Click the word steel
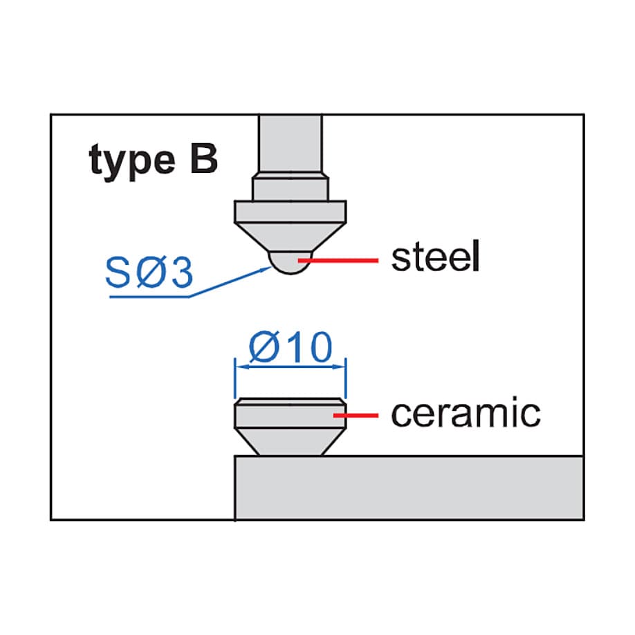435,256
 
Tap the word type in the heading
132,161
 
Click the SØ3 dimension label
149,273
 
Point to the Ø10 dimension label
291,347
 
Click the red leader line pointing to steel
338,260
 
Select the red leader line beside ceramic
356,415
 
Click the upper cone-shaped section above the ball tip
291,237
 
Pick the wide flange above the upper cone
291,212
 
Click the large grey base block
409,488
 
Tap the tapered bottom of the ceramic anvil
291,442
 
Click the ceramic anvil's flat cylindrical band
291,414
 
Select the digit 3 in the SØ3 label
181,273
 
